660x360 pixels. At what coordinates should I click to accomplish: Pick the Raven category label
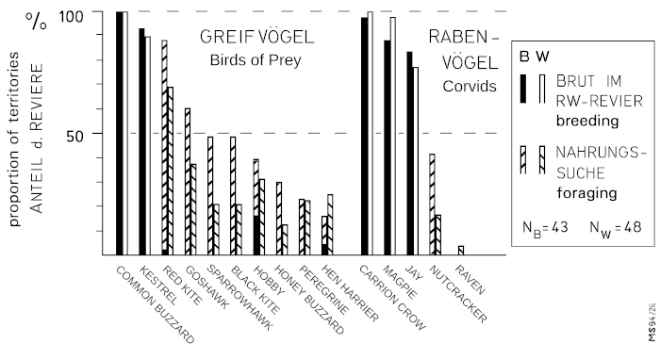[470, 280]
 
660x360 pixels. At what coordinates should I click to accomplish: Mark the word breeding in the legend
[587, 122]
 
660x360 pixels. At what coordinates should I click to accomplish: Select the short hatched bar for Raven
[461, 250]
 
